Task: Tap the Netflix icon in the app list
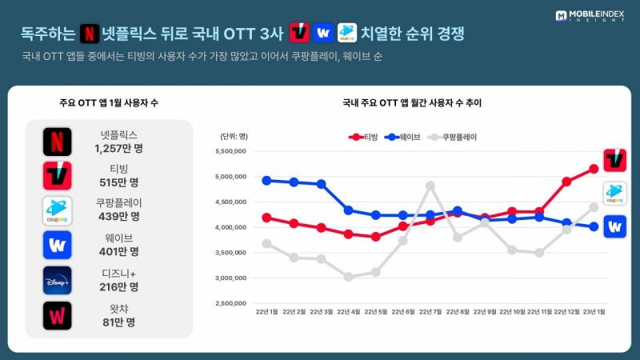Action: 57,142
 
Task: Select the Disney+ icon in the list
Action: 57,280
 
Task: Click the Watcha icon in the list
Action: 57,315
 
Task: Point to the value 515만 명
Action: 117,182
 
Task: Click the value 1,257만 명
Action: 117,148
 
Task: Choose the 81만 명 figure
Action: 117,322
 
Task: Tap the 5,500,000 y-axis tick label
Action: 229,151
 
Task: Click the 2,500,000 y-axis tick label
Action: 229,304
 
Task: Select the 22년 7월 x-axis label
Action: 430,310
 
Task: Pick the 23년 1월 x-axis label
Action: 593,310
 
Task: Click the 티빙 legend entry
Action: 364,137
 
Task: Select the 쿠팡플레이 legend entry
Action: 454,137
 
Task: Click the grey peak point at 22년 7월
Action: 430,186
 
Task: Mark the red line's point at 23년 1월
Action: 594,169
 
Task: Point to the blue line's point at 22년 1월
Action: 266,180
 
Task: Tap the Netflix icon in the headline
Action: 91,34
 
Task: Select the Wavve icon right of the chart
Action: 614,226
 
